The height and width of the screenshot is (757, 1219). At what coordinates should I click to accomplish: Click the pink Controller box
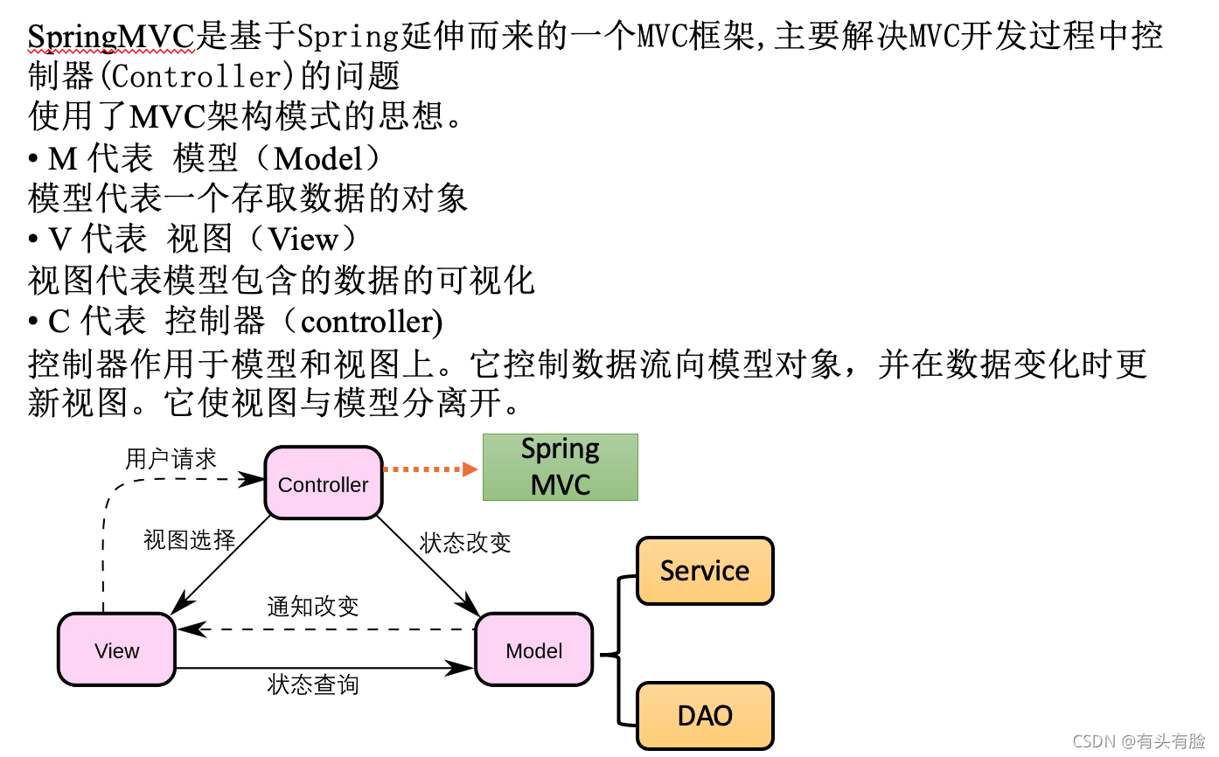tap(323, 483)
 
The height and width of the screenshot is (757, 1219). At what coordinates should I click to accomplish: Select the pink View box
tap(116, 650)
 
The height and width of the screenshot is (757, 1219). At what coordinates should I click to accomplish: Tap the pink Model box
tap(533, 650)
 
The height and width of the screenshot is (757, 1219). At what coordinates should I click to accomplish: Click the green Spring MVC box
tap(561, 468)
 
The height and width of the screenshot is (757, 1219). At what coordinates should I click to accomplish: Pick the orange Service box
tap(705, 571)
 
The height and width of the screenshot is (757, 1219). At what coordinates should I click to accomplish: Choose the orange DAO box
tap(705, 716)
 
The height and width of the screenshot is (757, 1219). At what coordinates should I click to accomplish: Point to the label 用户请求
tap(171, 459)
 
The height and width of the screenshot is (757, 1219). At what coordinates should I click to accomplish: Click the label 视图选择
tap(190, 540)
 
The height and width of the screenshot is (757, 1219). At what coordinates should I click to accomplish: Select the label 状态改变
tap(465, 543)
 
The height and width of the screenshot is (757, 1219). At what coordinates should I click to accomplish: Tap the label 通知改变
tap(312, 607)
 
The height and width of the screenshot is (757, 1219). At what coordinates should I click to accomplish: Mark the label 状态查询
tap(312, 684)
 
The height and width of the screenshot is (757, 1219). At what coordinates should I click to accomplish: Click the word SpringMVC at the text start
tap(109, 37)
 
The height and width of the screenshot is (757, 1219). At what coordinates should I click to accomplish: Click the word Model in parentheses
tap(317, 158)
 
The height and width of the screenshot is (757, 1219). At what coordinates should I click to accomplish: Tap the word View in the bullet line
tap(303, 240)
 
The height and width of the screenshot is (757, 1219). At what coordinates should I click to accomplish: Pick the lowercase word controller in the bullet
tap(366, 322)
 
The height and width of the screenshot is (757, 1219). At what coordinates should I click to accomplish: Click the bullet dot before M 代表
tap(33, 159)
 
